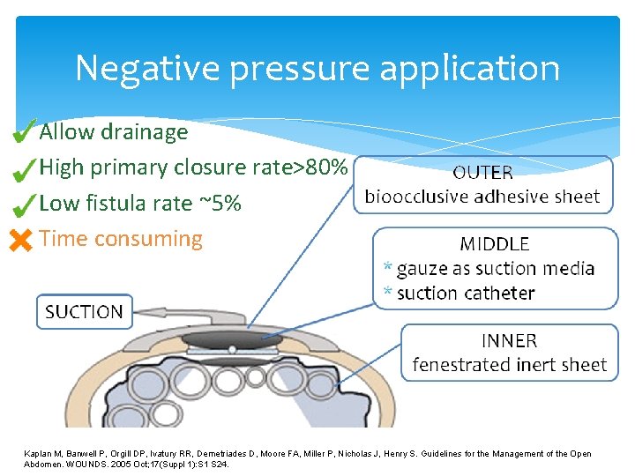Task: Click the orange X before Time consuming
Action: (20, 239)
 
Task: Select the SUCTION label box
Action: (84, 311)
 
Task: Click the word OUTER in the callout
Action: (482, 173)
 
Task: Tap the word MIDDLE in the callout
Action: (495, 244)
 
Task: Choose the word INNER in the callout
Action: (509, 340)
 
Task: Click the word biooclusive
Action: (416, 196)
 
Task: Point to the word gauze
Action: (422, 269)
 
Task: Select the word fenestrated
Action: (459, 364)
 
